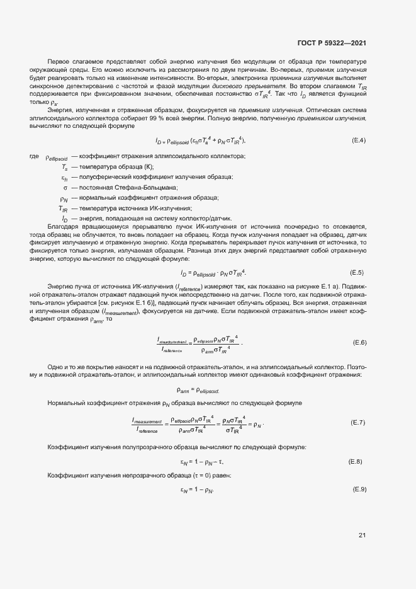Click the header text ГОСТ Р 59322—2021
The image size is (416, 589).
pos(332,43)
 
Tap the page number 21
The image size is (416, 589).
pos(362,535)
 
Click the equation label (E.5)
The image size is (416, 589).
pos(357,272)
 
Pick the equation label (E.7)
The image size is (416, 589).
pos(357,422)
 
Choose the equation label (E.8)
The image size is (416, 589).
pos(356,462)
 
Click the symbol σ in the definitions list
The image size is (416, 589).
pos(65,187)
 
